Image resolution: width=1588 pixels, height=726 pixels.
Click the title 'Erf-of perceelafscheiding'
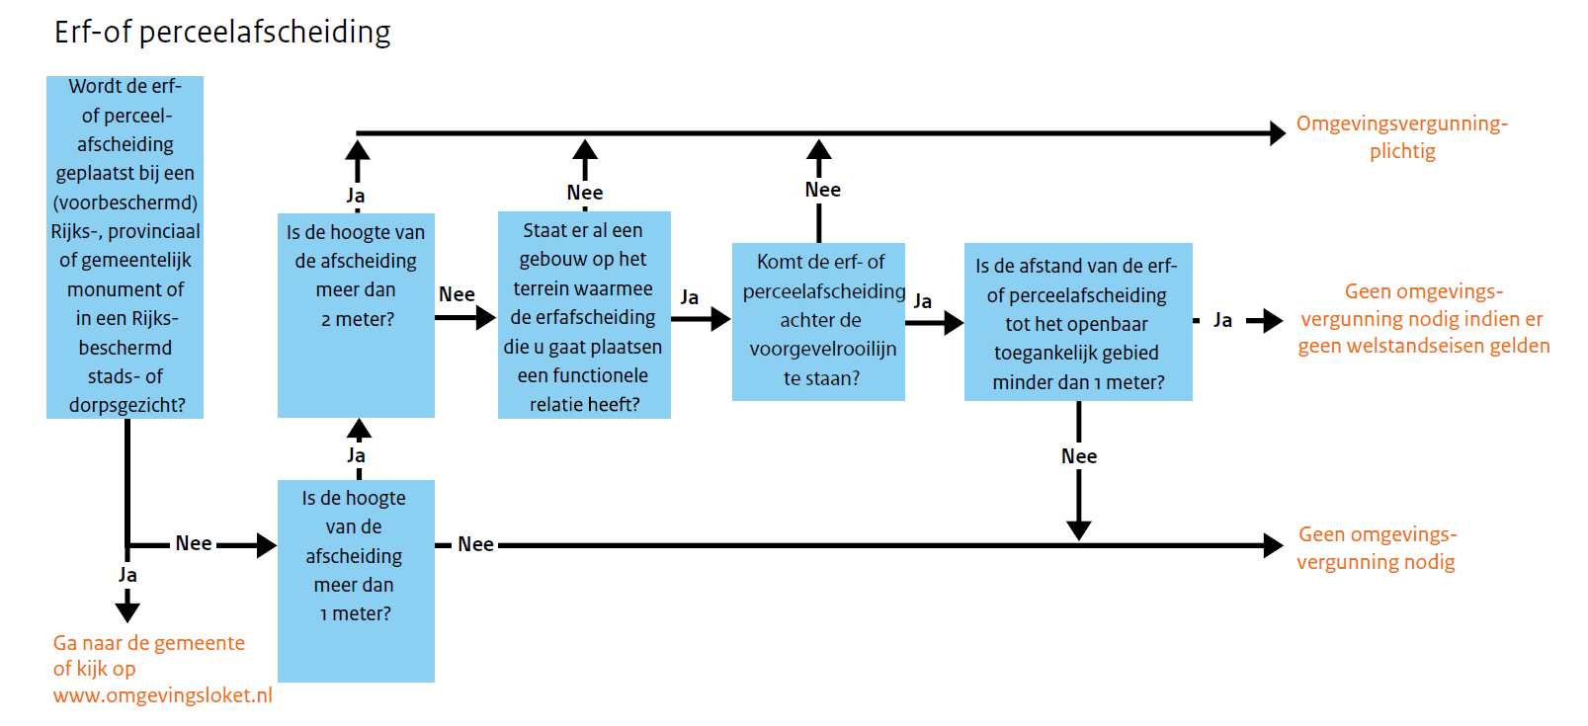222,33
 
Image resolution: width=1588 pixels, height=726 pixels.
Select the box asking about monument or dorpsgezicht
125,247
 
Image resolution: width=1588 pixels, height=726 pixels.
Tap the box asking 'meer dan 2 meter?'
356,315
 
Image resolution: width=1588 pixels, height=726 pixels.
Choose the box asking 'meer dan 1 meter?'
356,581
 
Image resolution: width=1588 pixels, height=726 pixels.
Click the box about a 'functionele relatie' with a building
584,315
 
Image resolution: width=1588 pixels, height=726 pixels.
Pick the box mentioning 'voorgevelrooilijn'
819,322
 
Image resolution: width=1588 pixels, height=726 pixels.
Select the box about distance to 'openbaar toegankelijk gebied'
1078,322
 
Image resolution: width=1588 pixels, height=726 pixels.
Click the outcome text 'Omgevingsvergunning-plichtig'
1402,136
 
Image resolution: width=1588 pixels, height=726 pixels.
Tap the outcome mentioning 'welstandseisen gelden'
1424,319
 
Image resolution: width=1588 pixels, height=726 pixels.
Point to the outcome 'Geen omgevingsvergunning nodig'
1377,547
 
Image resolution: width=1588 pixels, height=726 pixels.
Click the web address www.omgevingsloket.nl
162,695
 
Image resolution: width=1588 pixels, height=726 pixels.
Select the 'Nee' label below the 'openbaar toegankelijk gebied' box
1079,456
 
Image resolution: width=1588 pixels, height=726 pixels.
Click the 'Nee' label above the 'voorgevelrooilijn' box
822,190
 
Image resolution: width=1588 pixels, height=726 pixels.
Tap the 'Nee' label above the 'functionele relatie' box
585,193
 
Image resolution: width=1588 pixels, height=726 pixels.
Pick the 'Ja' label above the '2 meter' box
356,196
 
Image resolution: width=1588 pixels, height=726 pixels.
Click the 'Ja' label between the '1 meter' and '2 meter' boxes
356,455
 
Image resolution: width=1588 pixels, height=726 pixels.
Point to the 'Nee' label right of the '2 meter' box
457,294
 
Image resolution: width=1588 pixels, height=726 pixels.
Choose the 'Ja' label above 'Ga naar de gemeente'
127,575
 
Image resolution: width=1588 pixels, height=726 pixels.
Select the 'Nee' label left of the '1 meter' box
194,543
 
